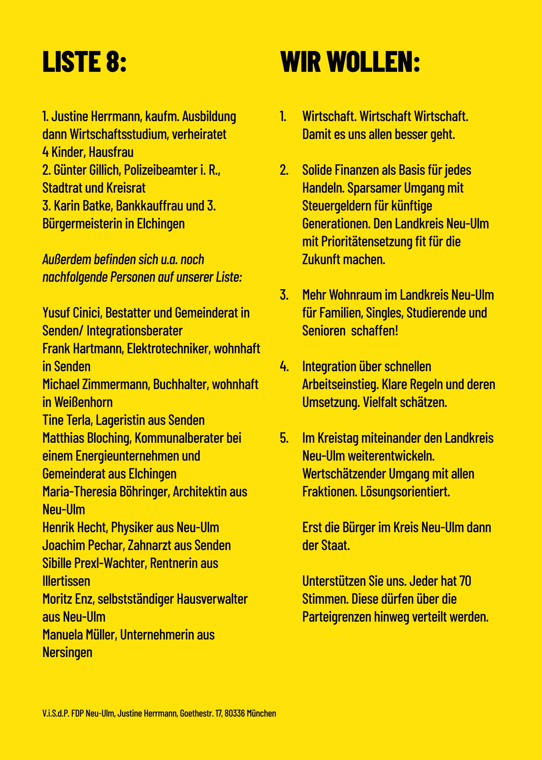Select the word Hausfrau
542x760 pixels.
coord(111,152)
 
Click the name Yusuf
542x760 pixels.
coord(56,313)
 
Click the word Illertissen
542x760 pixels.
coord(66,581)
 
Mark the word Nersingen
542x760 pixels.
coord(67,653)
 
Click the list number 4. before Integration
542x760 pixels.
coord(284,367)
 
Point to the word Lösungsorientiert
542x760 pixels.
coord(405,492)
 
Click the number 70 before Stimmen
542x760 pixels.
coord(465,581)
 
